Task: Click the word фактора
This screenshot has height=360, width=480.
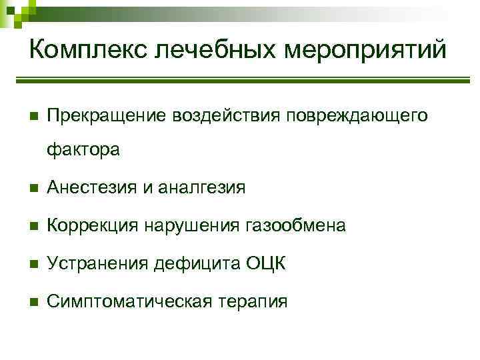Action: pos(83,150)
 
